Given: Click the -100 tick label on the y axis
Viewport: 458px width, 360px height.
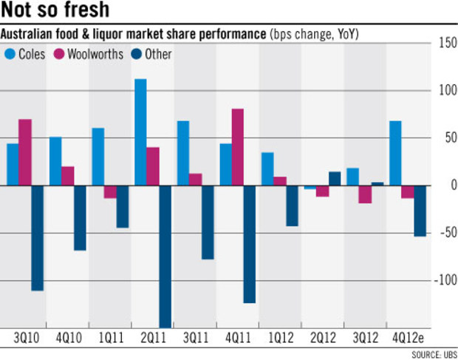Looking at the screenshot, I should click(445, 280).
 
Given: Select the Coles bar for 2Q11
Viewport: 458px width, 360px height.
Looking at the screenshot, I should click(140, 132).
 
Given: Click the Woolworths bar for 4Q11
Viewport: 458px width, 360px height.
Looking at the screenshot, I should click(238, 147).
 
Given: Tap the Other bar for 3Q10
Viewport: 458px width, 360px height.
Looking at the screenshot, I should click(37, 238).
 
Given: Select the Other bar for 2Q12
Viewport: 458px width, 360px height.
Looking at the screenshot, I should click(335, 178).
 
